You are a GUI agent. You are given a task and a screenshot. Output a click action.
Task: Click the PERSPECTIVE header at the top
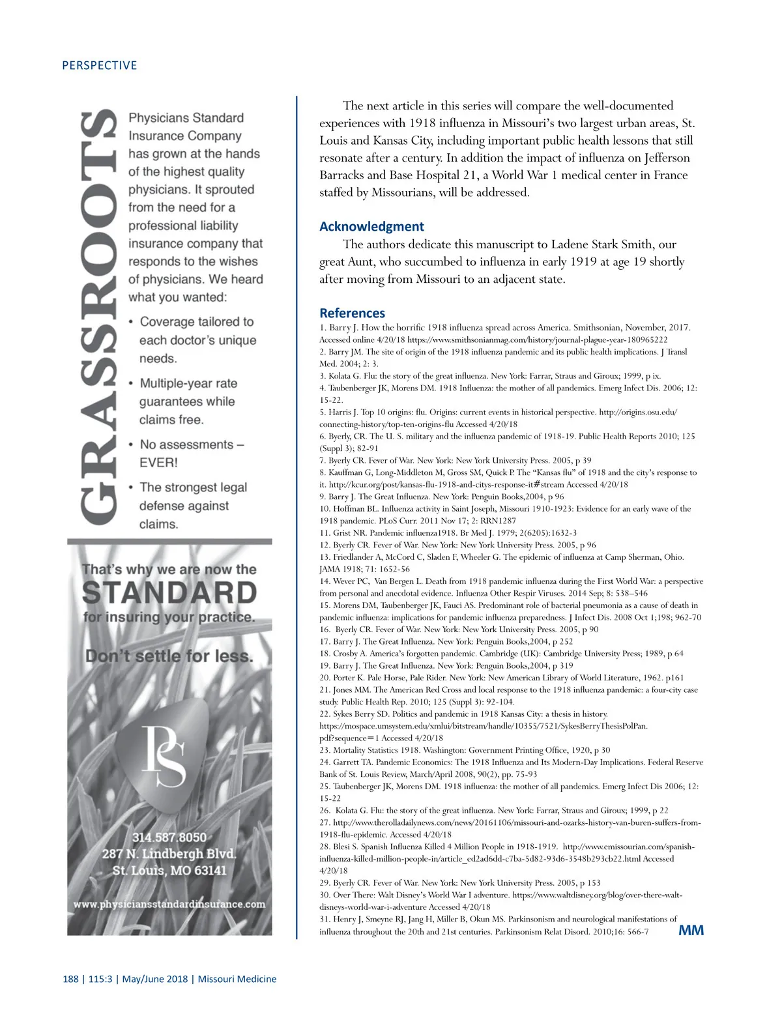point(99,65)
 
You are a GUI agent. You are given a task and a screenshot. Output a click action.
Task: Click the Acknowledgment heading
point(371,226)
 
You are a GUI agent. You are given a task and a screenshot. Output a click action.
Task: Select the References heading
point(352,313)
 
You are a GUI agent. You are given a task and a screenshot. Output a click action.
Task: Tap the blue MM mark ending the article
point(691,930)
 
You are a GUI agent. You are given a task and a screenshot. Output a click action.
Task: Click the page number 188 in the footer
point(70,979)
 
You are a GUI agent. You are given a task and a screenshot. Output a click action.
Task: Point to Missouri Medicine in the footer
point(237,979)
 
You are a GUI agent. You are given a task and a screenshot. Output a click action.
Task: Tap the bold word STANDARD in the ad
point(169,593)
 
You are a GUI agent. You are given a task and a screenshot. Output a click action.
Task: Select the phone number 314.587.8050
point(169,837)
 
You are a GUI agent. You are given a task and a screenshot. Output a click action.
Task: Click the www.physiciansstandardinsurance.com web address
point(169,904)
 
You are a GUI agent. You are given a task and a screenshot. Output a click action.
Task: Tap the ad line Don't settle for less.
point(169,656)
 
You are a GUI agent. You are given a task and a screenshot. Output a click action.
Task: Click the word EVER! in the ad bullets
point(158,463)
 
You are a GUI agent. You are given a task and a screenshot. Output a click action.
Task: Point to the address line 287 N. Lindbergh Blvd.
point(169,854)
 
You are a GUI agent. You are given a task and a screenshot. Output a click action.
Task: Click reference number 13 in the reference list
point(325,557)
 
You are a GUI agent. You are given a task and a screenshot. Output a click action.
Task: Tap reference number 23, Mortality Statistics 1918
point(325,750)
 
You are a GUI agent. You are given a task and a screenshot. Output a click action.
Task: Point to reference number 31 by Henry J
point(325,919)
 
